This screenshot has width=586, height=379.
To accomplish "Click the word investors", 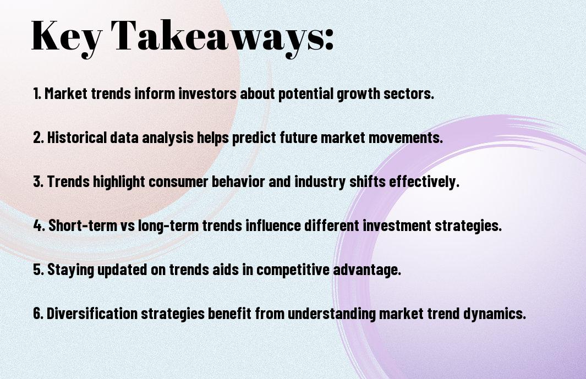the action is (207, 94).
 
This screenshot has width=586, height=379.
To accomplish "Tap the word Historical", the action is (77, 138).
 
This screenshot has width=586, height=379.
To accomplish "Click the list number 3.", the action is (38, 182).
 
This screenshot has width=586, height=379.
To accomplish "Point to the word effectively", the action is (424, 182).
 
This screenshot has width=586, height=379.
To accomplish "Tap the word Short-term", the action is (83, 226).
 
